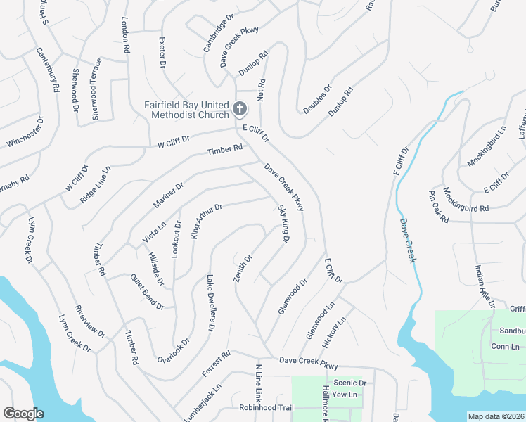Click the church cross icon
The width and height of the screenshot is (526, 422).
[x=240, y=109]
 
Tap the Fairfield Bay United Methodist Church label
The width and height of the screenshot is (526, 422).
[x=187, y=110]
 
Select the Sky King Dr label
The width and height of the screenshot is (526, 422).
[x=284, y=224]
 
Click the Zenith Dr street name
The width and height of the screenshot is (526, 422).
[x=243, y=268]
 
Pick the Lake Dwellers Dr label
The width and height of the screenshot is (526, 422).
[x=210, y=303]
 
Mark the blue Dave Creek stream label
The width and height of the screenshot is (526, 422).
[x=409, y=240]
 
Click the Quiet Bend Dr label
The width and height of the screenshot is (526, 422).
[x=147, y=292]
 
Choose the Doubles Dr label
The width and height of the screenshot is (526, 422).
[x=317, y=100]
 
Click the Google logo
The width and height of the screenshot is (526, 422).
[x=23, y=414]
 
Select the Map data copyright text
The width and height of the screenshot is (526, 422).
[x=496, y=416]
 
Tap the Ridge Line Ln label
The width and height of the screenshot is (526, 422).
[x=96, y=185]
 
